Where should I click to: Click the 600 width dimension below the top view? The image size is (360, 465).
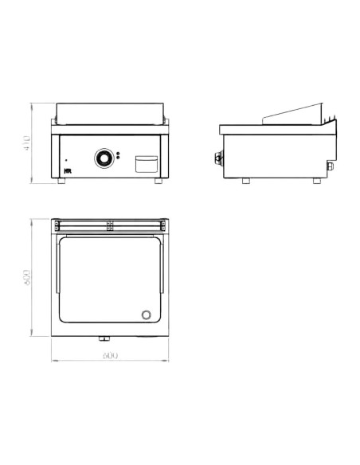pos(110,356)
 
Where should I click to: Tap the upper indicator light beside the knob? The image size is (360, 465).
pos(118,154)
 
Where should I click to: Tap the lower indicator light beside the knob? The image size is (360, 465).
pos(118,160)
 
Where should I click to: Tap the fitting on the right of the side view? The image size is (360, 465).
pos(327,168)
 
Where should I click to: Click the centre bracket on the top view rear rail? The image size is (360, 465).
pos(111,226)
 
